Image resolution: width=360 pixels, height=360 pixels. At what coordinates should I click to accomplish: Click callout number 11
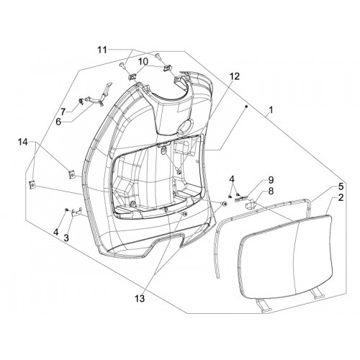[102, 50]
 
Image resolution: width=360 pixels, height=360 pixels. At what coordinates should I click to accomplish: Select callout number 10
[144, 62]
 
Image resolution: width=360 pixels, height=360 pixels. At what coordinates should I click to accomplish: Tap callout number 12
[235, 77]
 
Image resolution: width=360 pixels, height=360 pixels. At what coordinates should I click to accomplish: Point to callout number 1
[271, 110]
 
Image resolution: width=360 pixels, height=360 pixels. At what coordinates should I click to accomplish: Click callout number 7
[63, 112]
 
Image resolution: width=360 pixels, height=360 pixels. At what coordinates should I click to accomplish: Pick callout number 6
[58, 122]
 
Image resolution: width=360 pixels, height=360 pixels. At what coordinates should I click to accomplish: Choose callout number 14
[23, 143]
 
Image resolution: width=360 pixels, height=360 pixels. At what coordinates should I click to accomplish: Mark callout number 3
[66, 238]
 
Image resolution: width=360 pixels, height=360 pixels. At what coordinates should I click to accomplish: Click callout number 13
[140, 299]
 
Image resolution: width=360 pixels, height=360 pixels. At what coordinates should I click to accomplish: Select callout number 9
[271, 180]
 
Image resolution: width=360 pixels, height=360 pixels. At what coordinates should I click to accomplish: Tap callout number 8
[271, 192]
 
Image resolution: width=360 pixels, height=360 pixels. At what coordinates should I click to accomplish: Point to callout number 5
[341, 186]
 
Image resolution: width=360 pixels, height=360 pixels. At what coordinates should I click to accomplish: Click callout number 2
[341, 198]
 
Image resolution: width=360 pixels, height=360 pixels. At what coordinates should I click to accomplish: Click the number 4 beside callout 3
[55, 232]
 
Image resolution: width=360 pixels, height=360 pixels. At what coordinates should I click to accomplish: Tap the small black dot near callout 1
[246, 106]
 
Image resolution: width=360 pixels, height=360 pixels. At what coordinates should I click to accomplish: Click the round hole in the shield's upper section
[185, 125]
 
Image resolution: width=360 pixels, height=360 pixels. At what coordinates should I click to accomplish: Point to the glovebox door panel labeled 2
[286, 257]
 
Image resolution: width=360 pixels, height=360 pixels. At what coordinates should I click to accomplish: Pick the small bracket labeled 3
[77, 212]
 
